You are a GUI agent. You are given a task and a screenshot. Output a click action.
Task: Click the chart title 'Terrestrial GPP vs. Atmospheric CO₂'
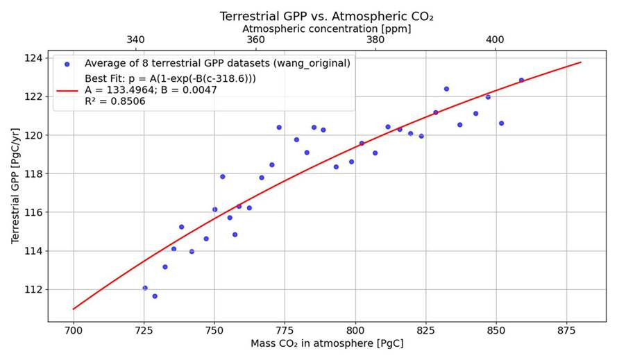click(326, 15)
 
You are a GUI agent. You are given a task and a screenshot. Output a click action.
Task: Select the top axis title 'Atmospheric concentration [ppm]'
click(326, 28)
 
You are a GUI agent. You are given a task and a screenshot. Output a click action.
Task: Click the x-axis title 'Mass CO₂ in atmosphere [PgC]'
click(326, 343)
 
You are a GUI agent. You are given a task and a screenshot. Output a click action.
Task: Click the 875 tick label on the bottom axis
click(568, 331)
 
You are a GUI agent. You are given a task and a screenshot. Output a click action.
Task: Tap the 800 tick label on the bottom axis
click(355, 331)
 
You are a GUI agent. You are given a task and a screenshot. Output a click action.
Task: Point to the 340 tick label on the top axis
click(136, 40)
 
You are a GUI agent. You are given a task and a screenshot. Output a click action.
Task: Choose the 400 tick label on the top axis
click(495, 40)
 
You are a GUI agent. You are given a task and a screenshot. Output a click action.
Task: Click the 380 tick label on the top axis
click(375, 40)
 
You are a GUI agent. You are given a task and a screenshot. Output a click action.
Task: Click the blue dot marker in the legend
click(67, 64)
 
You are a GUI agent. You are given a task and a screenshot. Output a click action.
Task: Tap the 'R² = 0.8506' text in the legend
click(115, 101)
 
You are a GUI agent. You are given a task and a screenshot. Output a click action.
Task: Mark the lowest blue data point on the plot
click(155, 296)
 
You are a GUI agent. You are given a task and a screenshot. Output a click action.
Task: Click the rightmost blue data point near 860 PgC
click(521, 80)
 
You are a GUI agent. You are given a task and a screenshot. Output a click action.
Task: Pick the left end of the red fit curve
click(74, 309)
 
